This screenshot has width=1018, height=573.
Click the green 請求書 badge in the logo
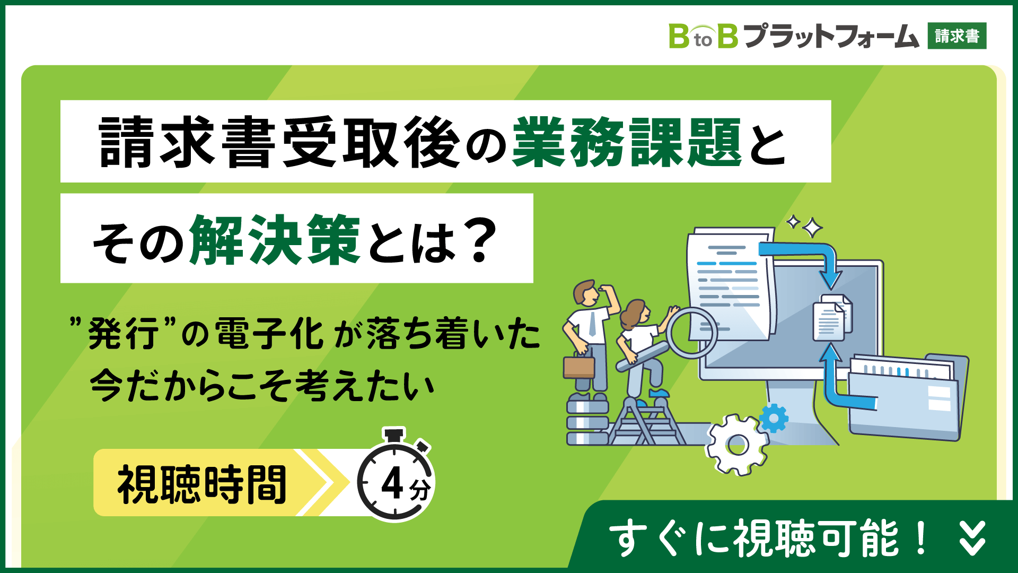(x=957, y=36)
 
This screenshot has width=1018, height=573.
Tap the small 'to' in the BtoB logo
(x=703, y=40)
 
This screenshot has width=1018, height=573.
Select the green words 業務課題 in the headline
(x=627, y=142)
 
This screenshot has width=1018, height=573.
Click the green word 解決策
(x=275, y=240)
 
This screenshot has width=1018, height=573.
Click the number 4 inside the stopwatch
(x=392, y=483)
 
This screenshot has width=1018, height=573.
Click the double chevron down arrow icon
(x=972, y=538)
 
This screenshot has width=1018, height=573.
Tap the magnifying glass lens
(x=692, y=333)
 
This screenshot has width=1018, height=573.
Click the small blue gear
(x=774, y=419)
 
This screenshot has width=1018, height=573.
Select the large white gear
(x=737, y=445)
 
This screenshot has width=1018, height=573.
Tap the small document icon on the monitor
(x=832, y=317)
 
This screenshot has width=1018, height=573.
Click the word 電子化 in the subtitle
(x=269, y=334)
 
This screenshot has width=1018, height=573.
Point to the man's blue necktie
(x=592, y=324)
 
